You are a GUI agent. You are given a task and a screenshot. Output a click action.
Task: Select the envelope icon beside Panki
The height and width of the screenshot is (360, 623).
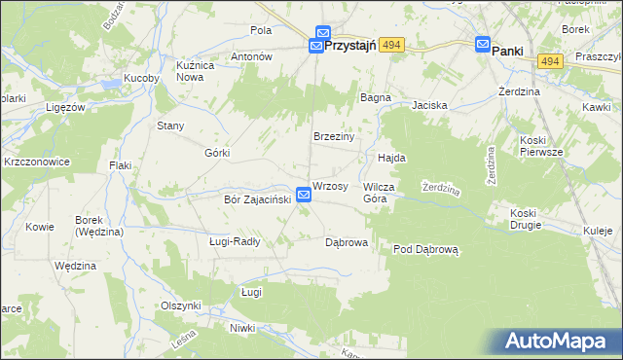pos(483,44)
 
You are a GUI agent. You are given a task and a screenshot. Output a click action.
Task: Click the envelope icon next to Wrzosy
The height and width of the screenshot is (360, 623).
pos(304,196)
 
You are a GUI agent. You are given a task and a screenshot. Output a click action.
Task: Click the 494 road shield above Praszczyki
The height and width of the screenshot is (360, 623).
pos(551,61)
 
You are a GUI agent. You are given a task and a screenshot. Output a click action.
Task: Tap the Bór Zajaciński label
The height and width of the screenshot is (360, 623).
pos(251,200)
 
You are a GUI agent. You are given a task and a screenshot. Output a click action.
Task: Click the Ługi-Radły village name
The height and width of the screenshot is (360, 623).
pos(235,241)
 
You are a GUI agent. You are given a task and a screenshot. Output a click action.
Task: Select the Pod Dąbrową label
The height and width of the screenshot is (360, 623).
pos(425,250)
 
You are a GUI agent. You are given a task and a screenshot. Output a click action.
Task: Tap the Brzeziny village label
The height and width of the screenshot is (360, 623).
pos(333,136)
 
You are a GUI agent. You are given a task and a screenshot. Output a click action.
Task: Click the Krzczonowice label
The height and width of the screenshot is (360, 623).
pos(37,162)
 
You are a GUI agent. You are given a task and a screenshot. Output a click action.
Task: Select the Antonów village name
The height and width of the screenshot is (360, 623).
pos(249,57)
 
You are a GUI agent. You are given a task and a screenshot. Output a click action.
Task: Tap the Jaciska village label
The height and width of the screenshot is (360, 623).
pos(428,104)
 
